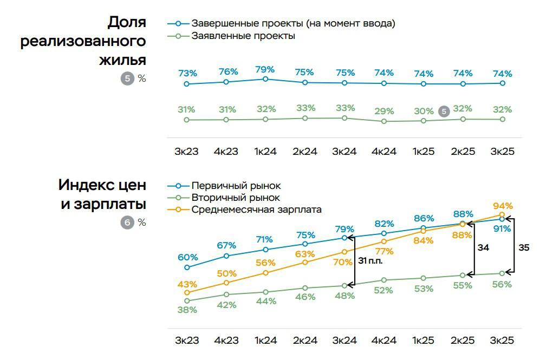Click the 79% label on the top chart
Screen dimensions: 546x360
point(265,70)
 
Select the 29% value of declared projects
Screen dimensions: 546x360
point(384,111)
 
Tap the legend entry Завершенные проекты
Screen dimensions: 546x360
point(293,23)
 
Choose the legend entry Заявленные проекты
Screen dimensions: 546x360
point(243,36)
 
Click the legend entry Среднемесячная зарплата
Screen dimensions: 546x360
point(256,210)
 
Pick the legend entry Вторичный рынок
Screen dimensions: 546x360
point(236,198)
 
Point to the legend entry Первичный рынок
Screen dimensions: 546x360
point(236,186)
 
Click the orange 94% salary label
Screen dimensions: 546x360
point(503,206)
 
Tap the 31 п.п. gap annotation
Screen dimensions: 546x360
point(370,261)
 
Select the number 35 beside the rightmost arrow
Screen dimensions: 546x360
point(524,247)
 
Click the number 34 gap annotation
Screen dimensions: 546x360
point(483,247)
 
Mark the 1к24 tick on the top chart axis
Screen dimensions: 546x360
point(265,152)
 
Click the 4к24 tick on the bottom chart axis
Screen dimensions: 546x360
point(383,340)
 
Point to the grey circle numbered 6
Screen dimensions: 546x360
point(127,222)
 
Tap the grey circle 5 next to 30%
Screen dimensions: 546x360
point(444,112)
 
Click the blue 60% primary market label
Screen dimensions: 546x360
point(187,257)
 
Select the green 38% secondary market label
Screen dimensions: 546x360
point(187,310)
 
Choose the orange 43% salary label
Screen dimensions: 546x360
point(187,284)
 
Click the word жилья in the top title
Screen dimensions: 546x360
point(122,60)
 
